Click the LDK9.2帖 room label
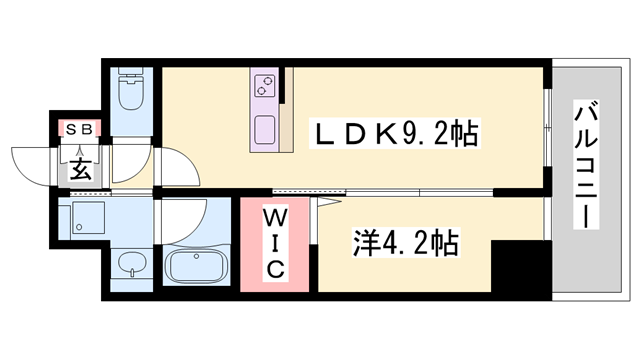pos(395,133)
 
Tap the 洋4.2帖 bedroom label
pos(405,242)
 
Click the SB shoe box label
pos(78,128)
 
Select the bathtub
pos(196,267)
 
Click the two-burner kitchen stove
pos(265,87)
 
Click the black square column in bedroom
pos(521,266)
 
